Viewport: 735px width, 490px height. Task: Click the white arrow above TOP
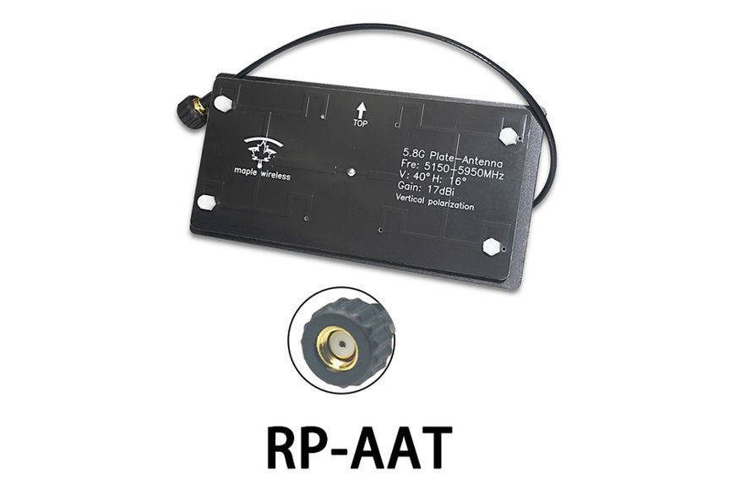(x=361, y=111)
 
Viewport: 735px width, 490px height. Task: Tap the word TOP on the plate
(x=360, y=123)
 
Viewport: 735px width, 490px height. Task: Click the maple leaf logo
(x=264, y=151)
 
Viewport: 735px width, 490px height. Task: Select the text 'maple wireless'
(x=262, y=173)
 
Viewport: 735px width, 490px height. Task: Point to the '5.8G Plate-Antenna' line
(x=453, y=159)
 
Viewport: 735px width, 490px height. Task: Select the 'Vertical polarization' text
(x=434, y=202)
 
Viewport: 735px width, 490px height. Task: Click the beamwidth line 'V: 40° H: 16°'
(x=432, y=177)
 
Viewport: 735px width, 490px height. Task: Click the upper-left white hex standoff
(x=223, y=103)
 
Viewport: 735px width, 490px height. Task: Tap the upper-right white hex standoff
(x=508, y=137)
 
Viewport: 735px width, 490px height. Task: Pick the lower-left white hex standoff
(x=206, y=202)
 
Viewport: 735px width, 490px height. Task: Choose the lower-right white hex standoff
(x=492, y=247)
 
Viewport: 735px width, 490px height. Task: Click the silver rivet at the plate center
(x=350, y=171)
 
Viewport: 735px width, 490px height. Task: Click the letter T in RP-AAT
(x=429, y=446)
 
